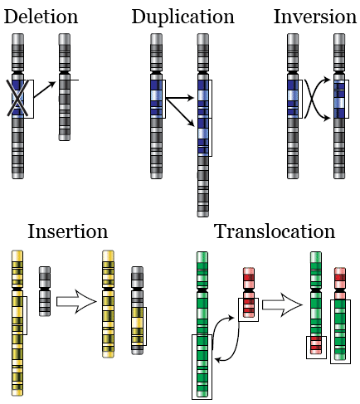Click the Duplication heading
click(x=182, y=17)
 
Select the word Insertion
click(x=67, y=231)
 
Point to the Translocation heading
click(x=275, y=231)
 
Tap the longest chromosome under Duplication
click(x=202, y=124)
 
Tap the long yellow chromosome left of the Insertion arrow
click(x=16, y=324)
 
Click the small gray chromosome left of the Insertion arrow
click(x=46, y=290)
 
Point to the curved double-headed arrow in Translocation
click(x=229, y=340)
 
